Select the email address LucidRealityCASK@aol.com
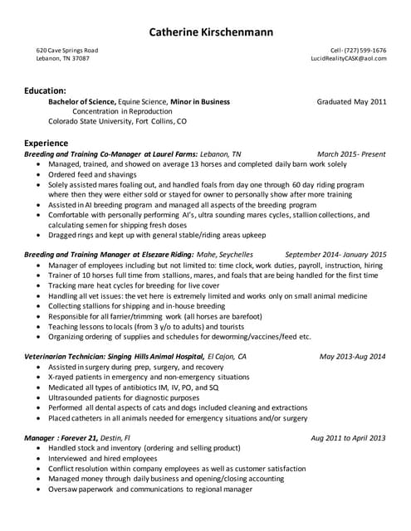pyautogui.click(x=349, y=59)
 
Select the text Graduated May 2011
pyautogui.click(x=352, y=101)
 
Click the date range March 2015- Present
pyautogui.click(x=352, y=154)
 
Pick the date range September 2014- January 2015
pyautogui.click(x=335, y=255)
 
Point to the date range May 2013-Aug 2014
pyautogui.click(x=353, y=356)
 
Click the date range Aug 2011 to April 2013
pyautogui.click(x=348, y=437)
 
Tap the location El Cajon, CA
pyautogui.click(x=225, y=356)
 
